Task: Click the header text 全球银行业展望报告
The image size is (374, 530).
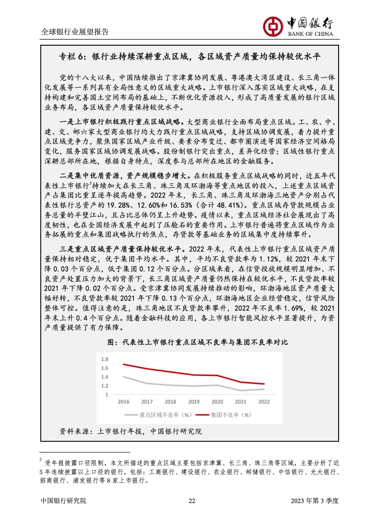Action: [75, 32]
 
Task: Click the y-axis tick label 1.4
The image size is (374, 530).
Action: [105, 377]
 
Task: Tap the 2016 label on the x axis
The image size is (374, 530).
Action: [123, 402]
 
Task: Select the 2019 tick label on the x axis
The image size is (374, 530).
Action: [194, 402]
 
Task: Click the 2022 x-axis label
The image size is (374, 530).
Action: [264, 402]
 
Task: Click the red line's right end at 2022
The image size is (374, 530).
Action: [264, 384]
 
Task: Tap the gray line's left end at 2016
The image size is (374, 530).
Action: [123, 376]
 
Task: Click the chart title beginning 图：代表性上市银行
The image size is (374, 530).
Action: [198, 342]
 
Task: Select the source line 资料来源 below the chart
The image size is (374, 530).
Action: [130, 431]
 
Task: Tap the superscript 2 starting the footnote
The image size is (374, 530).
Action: [41, 458]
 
